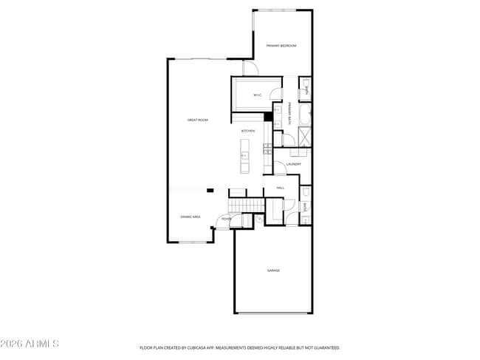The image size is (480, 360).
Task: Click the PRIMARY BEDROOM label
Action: point(281,46)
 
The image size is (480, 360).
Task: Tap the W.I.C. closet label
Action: point(258,95)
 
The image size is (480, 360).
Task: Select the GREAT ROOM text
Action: point(197,120)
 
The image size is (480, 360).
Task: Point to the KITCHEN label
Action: point(248,131)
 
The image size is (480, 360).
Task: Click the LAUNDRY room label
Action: point(293,164)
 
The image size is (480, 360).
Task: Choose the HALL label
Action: point(281,189)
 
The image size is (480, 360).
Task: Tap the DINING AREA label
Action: point(191,217)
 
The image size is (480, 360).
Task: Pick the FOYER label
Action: point(226,219)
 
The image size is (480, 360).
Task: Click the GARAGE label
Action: point(273,271)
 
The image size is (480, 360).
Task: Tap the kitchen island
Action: point(244,154)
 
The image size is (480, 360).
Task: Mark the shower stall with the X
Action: point(304,137)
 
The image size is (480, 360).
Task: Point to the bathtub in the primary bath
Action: point(305,115)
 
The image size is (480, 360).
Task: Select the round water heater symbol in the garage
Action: point(259,220)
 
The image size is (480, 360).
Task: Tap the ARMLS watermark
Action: point(30,344)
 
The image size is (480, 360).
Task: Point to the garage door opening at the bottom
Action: point(273,313)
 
